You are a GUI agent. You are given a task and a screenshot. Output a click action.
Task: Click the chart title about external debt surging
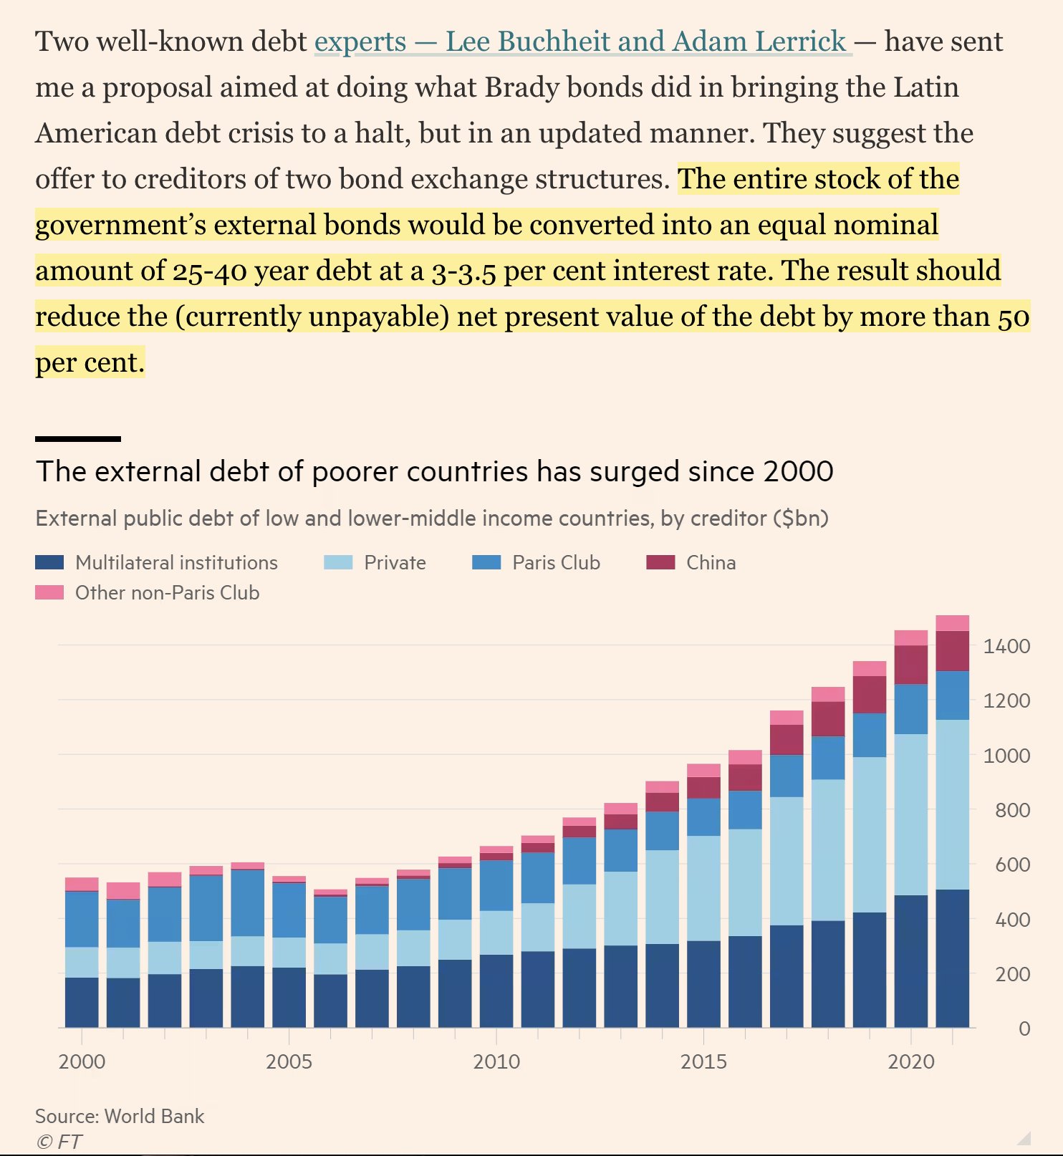434,471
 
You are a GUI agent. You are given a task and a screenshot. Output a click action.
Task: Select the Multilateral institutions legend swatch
49,562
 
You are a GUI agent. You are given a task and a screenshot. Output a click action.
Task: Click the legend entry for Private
394,562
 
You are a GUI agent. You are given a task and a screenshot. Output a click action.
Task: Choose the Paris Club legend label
556,562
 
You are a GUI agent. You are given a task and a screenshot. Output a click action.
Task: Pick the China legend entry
711,562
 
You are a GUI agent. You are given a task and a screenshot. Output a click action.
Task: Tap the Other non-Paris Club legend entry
167,592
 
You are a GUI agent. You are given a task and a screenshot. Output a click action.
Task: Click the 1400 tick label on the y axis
1006,646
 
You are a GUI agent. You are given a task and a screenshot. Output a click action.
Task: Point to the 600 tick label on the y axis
1012,864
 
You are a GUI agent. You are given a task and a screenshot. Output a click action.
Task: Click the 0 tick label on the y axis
1024,1029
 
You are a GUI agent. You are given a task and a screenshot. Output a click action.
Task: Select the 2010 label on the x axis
496,1061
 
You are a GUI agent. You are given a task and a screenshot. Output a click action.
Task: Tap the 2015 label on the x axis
703,1061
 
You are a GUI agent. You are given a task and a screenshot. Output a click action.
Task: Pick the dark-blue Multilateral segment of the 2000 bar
82,1003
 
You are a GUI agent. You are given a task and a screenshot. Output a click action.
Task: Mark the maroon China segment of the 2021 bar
952,650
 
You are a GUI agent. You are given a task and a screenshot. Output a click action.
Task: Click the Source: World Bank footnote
120,1116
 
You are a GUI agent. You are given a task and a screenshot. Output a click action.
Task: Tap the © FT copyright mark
59,1141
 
